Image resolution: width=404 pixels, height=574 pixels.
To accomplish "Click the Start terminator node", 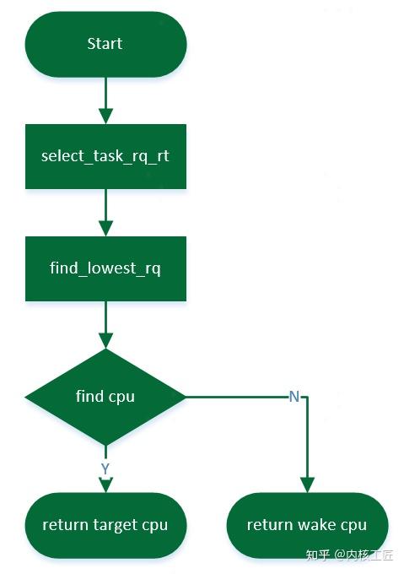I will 105,44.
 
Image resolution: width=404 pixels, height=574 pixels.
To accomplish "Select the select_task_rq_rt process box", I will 105,156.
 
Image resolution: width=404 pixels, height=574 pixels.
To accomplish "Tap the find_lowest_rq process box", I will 105,269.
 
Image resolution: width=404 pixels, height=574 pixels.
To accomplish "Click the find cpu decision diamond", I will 105,396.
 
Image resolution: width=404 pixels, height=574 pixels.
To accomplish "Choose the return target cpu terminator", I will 105,525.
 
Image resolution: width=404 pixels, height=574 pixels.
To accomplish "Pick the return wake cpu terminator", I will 307,525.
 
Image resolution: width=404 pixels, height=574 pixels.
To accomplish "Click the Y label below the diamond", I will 105,468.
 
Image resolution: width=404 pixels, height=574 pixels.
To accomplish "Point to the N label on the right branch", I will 294,396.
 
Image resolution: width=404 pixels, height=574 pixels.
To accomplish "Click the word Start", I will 105,44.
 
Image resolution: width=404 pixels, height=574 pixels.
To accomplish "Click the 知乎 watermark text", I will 316,555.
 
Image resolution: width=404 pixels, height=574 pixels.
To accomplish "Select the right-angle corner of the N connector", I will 307,396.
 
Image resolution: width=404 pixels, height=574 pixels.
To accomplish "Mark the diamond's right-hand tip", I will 184,396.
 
